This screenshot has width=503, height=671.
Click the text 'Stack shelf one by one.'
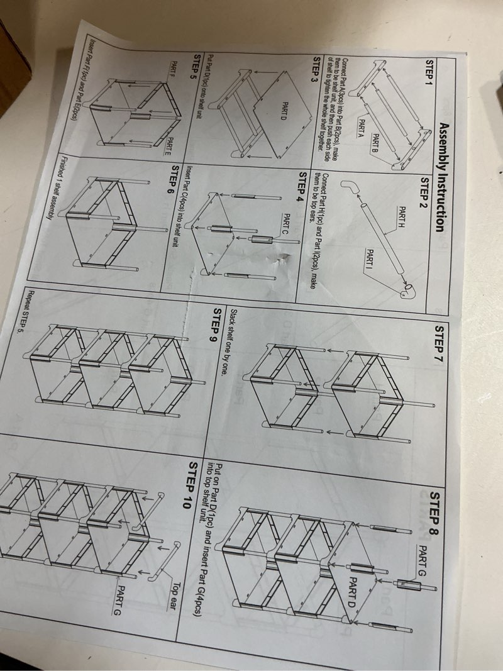(x=227, y=342)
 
